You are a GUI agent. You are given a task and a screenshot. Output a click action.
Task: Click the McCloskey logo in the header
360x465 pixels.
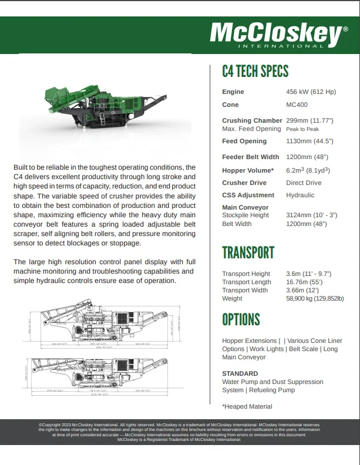(x=275, y=34)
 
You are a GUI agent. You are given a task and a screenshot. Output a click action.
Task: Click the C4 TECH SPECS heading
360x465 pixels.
(x=255, y=72)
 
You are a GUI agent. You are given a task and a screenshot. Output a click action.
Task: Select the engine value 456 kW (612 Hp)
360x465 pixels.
(x=311, y=92)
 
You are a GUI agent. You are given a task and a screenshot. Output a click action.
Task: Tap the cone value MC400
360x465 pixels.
(x=297, y=105)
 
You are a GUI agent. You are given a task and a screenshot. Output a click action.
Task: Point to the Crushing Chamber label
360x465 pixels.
(x=252, y=121)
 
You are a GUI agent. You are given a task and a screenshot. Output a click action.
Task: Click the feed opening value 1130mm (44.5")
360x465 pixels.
(x=309, y=141)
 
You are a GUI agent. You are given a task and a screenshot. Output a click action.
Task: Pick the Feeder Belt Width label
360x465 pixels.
(x=250, y=157)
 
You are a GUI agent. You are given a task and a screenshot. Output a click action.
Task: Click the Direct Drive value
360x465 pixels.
(x=304, y=183)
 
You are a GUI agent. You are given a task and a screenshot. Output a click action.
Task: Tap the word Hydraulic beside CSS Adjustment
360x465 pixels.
(x=300, y=196)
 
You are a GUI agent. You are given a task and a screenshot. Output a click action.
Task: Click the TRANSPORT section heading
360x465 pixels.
(x=248, y=252)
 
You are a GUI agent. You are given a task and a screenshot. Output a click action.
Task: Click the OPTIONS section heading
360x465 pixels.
(x=241, y=319)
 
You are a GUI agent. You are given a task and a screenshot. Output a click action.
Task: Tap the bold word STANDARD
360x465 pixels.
(x=240, y=373)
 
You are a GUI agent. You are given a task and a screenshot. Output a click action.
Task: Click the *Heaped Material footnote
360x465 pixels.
(x=247, y=406)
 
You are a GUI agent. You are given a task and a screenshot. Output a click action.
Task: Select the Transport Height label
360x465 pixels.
(x=246, y=274)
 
